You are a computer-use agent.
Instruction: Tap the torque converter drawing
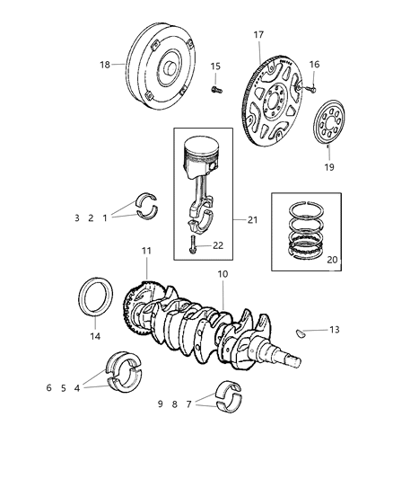(162, 63)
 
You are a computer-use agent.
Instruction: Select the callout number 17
(258, 35)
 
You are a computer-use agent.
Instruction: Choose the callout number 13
(334, 330)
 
